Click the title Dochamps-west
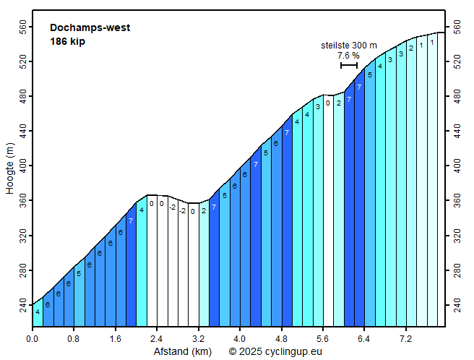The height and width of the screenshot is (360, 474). (x=90, y=28)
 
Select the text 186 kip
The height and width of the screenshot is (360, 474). (x=68, y=41)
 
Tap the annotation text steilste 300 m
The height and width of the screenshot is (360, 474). (x=349, y=45)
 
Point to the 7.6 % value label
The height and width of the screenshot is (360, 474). (x=348, y=55)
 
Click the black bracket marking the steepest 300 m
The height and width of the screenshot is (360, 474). (x=349, y=66)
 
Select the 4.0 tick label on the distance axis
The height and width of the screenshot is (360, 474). (x=239, y=338)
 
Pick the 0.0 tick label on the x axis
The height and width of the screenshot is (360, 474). (x=33, y=338)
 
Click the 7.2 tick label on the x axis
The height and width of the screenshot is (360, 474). (x=405, y=338)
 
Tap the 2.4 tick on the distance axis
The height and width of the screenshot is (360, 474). (x=157, y=338)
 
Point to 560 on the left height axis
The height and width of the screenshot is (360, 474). (x=22, y=27)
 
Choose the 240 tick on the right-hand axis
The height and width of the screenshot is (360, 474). (x=456, y=306)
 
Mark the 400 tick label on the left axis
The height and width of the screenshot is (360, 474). (x=22, y=166)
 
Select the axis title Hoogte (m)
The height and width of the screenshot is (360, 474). (x=10, y=168)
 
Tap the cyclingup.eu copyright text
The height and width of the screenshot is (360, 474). (x=275, y=352)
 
